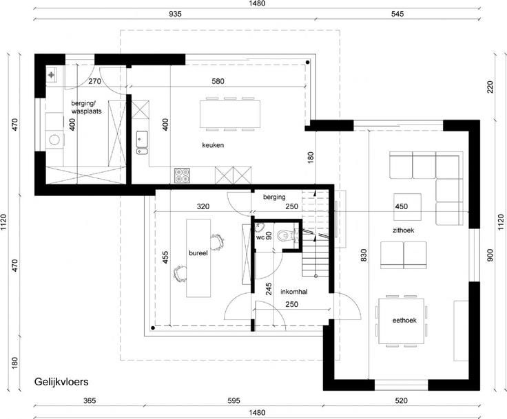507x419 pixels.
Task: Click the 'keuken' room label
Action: tap(213, 145)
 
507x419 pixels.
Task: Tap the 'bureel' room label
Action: tap(198, 253)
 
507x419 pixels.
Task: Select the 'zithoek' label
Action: tap(403, 230)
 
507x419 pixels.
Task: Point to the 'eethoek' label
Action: tap(404, 321)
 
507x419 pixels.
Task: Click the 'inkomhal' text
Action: tap(294, 292)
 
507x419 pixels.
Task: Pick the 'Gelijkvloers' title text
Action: tap(61, 382)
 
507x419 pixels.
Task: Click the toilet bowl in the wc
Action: tap(284, 235)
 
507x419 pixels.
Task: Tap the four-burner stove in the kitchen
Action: tap(182, 175)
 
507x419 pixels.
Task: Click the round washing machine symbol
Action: tap(54, 140)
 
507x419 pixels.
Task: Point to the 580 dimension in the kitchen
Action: tap(218, 81)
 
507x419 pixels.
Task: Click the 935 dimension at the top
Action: tap(175, 14)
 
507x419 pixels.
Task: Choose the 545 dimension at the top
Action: tap(397, 14)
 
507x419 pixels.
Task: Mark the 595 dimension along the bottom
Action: tap(234, 400)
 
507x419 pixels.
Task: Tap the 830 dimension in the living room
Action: tap(364, 255)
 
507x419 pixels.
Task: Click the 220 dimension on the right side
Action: tap(490, 87)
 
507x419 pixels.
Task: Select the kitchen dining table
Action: tap(230, 114)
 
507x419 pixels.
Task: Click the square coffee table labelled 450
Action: tap(407, 207)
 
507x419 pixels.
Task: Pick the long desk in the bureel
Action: tap(198, 258)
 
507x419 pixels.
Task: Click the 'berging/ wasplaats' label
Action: tap(86, 107)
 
